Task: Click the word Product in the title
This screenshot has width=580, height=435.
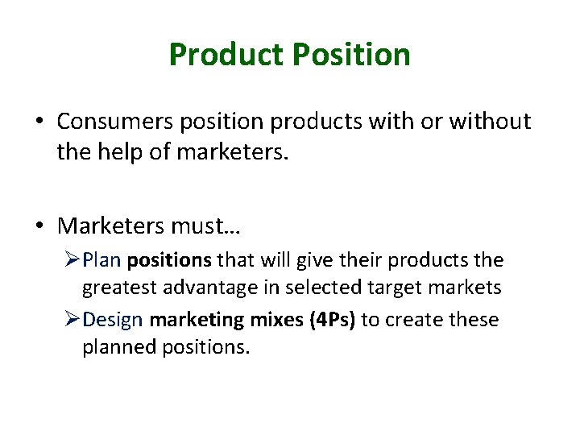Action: coord(226,55)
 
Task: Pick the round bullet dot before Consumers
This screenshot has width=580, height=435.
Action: coord(39,122)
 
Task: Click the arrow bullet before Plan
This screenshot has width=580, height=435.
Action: coord(71,261)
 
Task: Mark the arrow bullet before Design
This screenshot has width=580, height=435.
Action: coord(71,320)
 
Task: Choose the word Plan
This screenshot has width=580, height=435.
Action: coord(101,260)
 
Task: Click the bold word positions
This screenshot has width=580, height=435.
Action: coord(169,261)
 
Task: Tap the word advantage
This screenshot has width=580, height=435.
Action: coord(197,287)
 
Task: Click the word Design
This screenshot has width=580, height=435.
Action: coord(113,320)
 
